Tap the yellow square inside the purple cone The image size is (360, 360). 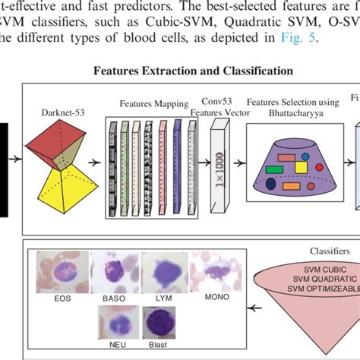300,166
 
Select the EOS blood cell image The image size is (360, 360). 62,273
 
